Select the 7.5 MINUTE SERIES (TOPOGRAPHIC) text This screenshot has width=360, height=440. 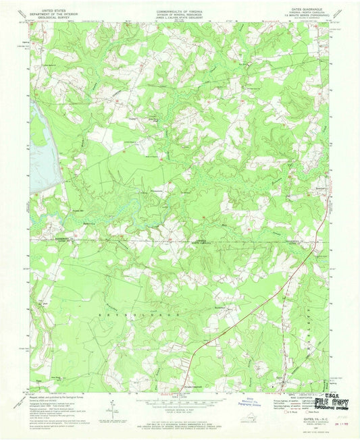[x=309, y=17]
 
